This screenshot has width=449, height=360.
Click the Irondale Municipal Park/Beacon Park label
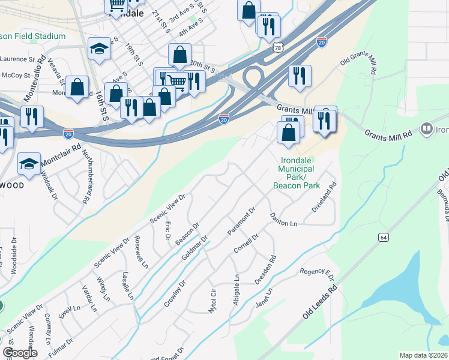tap(297, 174)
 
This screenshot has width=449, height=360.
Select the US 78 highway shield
tap(277, 47)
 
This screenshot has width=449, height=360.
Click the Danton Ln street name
tap(283, 219)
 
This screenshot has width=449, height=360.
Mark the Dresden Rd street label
tap(265, 271)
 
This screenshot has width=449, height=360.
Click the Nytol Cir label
tap(211, 301)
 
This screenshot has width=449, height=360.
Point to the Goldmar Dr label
tap(194, 248)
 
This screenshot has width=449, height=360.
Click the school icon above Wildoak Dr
tap(29, 163)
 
